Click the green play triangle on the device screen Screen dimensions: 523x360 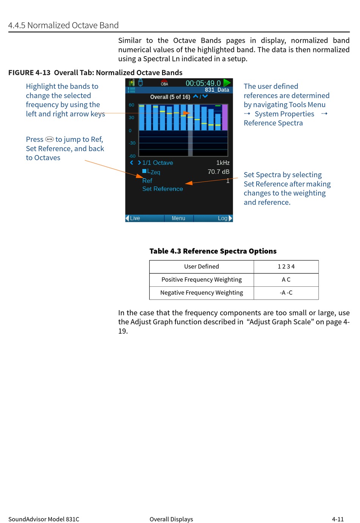coord(227,83)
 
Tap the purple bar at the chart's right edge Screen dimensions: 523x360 coord(225,118)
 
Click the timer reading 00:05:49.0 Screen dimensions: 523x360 coord(203,83)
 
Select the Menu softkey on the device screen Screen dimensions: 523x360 coord(178,218)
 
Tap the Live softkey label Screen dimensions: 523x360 coord(135,218)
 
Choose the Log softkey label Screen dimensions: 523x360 coord(222,218)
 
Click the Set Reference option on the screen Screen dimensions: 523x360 coord(163,189)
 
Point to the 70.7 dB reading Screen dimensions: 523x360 coord(218,172)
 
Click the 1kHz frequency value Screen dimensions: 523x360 coord(223,163)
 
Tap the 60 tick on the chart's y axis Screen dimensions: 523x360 coord(131,105)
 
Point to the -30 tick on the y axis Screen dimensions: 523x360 coord(132,143)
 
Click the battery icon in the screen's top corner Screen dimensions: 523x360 coord(131,82)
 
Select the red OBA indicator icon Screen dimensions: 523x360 coord(164,82)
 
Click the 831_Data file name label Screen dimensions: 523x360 coord(217,90)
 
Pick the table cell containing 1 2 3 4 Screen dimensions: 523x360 coord(286,267)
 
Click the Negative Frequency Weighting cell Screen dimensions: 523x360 coord(202,293)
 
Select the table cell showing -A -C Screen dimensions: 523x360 coord(286,293)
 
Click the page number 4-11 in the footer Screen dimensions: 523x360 coord(338,519)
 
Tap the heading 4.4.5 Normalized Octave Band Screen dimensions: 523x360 coord(63,25)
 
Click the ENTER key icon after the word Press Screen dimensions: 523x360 coord(50,139)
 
